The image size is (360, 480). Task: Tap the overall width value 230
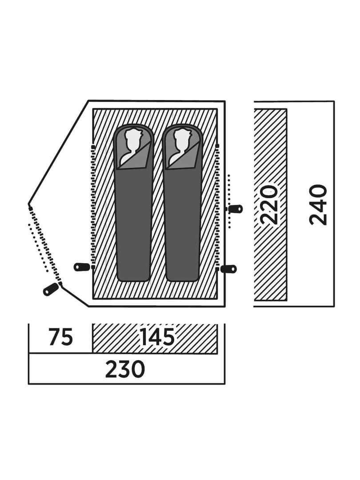[125, 369]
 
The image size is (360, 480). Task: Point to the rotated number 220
[269, 204]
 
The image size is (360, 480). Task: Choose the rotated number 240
[318, 204]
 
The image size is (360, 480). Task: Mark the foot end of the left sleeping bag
[133, 277]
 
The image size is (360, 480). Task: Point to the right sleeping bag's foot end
[183, 277]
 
